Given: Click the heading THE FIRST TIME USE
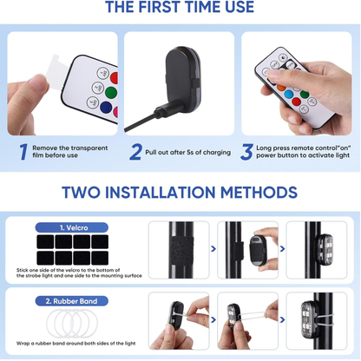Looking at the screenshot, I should [180, 9].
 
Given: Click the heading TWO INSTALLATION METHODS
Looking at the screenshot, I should [180, 192].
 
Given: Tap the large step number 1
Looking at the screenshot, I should [23, 152].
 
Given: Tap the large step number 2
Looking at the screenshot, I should [136, 152].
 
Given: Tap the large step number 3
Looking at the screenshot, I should [247, 152].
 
